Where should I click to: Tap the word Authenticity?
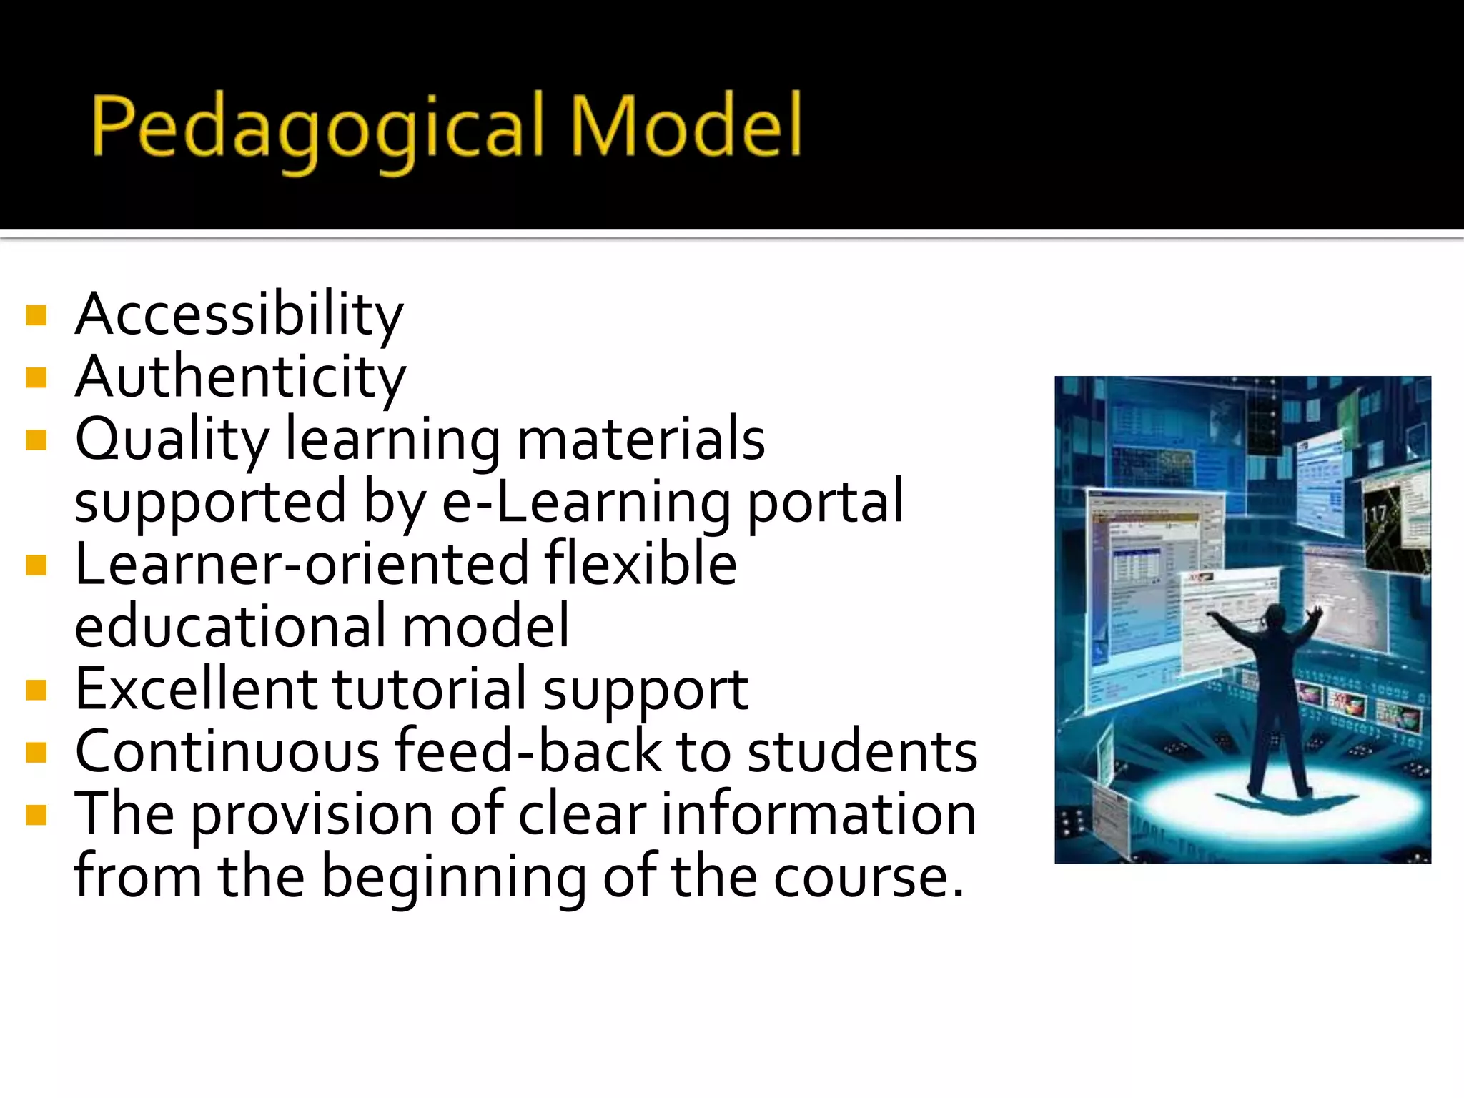tap(240, 377)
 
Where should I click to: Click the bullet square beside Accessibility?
tap(36, 315)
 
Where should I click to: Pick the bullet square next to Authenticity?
tap(36, 377)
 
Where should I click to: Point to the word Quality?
tap(172, 440)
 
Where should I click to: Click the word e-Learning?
tap(586, 503)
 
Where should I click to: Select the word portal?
tap(826, 503)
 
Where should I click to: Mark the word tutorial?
tap(429, 690)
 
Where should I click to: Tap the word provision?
tap(312, 815)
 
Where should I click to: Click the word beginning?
tap(453, 878)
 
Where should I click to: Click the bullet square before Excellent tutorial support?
tap(36, 690)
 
